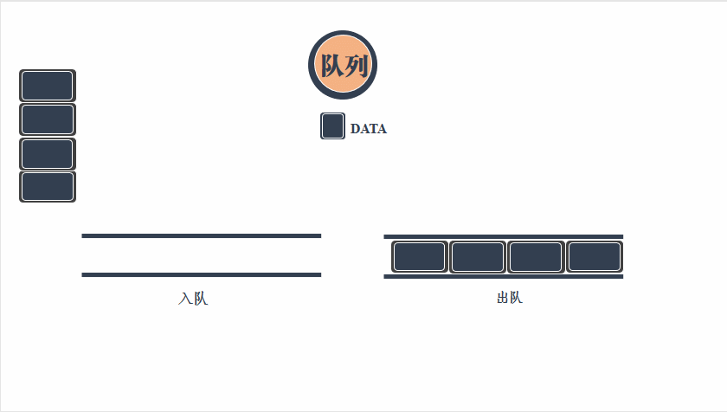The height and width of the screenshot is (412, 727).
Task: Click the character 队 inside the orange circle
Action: (x=331, y=66)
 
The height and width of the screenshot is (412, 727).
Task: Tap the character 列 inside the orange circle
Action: (x=355, y=66)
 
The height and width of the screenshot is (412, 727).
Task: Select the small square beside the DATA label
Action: (x=333, y=126)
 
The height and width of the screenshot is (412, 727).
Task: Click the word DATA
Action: (x=369, y=129)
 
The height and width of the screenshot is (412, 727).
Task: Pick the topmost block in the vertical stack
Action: (x=48, y=86)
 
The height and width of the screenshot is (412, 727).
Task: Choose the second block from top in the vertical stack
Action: (x=48, y=119)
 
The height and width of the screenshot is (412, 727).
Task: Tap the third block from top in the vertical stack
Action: (x=48, y=154)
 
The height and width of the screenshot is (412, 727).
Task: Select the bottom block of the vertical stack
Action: (x=48, y=187)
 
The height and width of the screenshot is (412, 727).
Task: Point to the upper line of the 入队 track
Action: (x=201, y=235)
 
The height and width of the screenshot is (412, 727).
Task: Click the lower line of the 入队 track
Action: (x=201, y=275)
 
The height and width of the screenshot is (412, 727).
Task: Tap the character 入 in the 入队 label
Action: (x=185, y=299)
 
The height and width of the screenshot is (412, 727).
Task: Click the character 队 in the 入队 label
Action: (x=200, y=299)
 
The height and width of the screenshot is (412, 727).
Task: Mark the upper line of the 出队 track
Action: (x=503, y=236)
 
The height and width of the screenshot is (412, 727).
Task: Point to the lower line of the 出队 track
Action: (x=503, y=277)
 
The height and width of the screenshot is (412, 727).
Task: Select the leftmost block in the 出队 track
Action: (x=419, y=257)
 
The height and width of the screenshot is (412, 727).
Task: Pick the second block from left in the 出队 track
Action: (x=478, y=257)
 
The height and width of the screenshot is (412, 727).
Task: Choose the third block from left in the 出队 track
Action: (x=536, y=257)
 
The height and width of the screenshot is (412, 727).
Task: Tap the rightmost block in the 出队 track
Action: (x=595, y=257)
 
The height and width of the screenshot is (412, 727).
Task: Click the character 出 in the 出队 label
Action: (x=503, y=298)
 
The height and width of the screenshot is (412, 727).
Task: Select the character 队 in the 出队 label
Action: (x=516, y=298)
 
